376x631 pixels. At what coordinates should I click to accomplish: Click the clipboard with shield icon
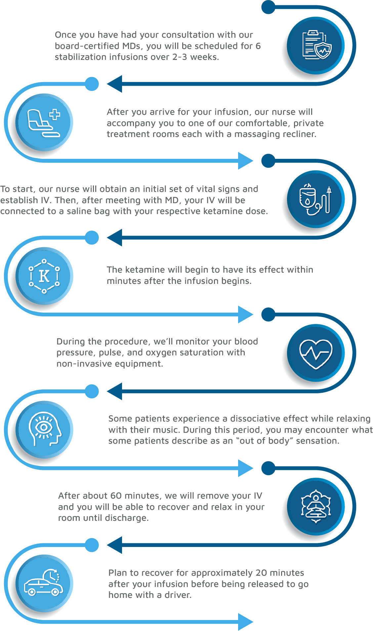coord(316,45)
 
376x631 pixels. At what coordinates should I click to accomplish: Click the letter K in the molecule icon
coord(44,276)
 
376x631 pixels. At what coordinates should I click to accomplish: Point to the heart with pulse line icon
coord(316,353)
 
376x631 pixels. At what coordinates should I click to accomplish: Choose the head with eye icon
coord(45,429)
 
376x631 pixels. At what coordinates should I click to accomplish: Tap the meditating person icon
coord(316,507)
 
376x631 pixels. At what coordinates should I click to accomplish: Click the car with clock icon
coord(44,584)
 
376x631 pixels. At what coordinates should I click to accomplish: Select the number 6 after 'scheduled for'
coord(258,46)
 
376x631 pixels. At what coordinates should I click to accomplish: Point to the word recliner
coord(299,134)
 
